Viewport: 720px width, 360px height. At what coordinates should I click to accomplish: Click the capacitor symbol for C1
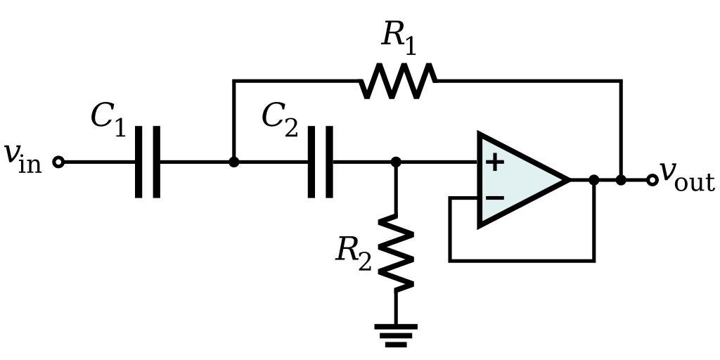147,162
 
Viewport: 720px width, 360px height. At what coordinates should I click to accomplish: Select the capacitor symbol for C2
321,162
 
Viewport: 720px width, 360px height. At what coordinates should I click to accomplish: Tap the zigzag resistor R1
398,81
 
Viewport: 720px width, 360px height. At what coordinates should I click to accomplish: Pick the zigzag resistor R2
395,253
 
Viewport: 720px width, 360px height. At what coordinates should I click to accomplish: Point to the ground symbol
395,335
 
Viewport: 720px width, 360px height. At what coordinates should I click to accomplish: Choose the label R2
353,250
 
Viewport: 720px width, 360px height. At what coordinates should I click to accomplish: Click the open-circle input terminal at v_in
59,162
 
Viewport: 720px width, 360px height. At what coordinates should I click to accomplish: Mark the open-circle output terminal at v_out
652,180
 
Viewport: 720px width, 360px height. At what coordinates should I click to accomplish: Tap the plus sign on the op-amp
495,162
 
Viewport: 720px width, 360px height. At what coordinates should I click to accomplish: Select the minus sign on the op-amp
495,198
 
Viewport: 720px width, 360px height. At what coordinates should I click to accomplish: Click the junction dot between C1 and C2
233,162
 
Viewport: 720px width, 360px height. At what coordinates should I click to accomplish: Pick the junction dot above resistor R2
395,162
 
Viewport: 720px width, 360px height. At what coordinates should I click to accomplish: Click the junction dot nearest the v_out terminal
621,180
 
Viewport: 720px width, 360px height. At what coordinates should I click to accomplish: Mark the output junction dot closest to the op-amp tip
594,180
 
